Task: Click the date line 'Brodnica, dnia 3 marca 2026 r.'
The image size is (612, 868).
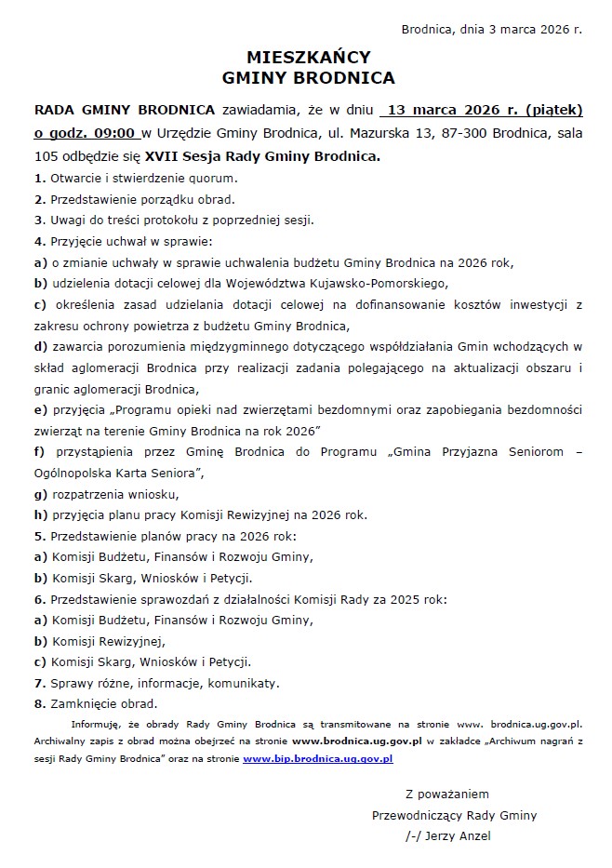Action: click(x=491, y=29)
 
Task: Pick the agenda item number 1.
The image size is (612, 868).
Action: click(x=38, y=177)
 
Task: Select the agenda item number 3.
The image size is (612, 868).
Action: click(x=38, y=220)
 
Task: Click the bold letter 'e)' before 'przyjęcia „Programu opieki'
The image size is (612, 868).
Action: click(x=40, y=409)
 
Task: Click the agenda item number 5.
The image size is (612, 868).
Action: click(x=38, y=536)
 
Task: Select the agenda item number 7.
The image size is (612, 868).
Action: click(x=38, y=684)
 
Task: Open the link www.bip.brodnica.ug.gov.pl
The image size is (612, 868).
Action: click(x=317, y=759)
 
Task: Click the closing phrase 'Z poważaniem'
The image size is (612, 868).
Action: click(x=447, y=794)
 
